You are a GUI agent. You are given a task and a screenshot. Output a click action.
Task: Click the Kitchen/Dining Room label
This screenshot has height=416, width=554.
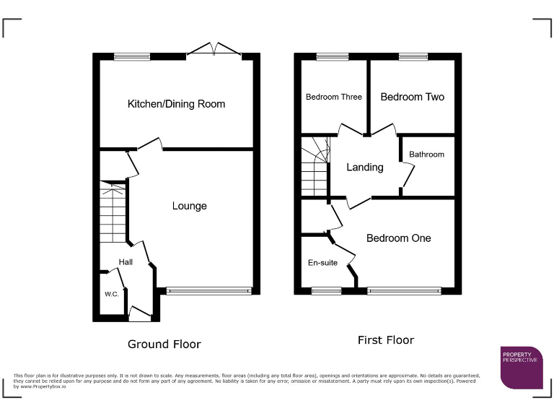176,104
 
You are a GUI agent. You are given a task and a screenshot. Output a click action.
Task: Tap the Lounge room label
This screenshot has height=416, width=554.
189,206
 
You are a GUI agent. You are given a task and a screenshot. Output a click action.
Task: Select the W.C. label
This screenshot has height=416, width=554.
111,294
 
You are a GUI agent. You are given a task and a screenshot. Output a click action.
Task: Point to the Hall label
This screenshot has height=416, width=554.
126,262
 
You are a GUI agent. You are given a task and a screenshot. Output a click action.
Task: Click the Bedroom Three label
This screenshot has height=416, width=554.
333,97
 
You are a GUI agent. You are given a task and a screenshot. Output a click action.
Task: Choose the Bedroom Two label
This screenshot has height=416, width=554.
412,97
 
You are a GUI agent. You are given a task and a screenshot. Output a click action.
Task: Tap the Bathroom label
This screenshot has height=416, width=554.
426,155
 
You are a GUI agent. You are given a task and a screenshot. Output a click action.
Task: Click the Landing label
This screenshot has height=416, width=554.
364,168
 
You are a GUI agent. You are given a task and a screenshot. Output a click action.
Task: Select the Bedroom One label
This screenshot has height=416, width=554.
398,238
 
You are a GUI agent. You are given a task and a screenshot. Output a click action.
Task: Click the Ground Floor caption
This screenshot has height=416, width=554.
164,344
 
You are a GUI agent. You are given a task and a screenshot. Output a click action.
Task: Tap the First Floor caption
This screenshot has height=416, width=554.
386,339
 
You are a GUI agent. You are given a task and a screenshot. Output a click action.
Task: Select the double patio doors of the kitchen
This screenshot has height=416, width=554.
214,51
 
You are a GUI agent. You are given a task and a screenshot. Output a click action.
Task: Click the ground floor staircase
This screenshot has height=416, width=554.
113,212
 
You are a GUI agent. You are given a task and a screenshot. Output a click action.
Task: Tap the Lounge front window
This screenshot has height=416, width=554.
208,291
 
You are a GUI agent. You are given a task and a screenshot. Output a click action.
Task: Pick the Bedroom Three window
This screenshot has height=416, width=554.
332,56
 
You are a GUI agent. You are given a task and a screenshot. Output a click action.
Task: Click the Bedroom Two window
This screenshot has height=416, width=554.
413,56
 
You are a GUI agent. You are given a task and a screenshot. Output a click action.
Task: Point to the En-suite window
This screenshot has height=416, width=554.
326,291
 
